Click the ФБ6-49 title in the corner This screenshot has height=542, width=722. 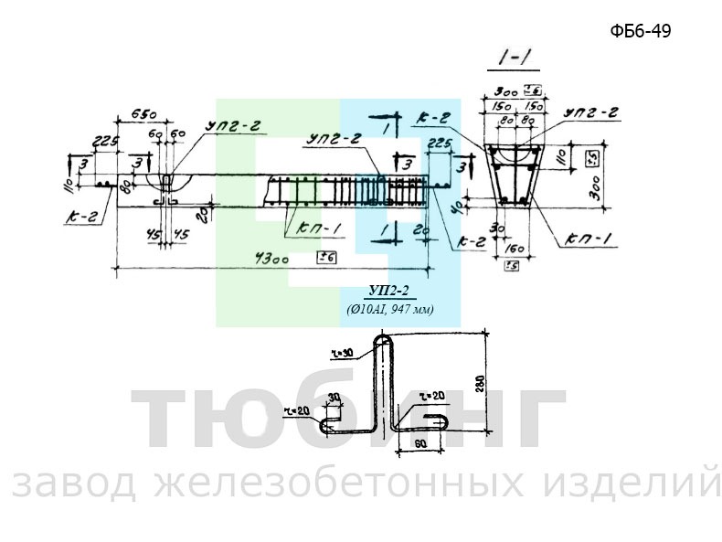pyautogui.click(x=641, y=31)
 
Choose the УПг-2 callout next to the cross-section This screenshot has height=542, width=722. pyautogui.click(x=591, y=112)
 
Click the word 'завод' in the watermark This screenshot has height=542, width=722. pyautogui.click(x=72, y=484)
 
